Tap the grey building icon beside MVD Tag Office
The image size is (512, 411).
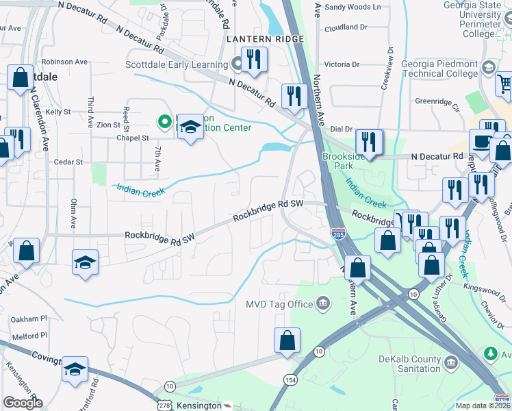point(322,303)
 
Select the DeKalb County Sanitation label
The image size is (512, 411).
point(409,363)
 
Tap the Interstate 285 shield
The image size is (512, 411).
point(337,235)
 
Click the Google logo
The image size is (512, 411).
point(23,402)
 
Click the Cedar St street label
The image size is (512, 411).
point(68,162)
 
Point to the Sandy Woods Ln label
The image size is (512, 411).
point(352,7)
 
